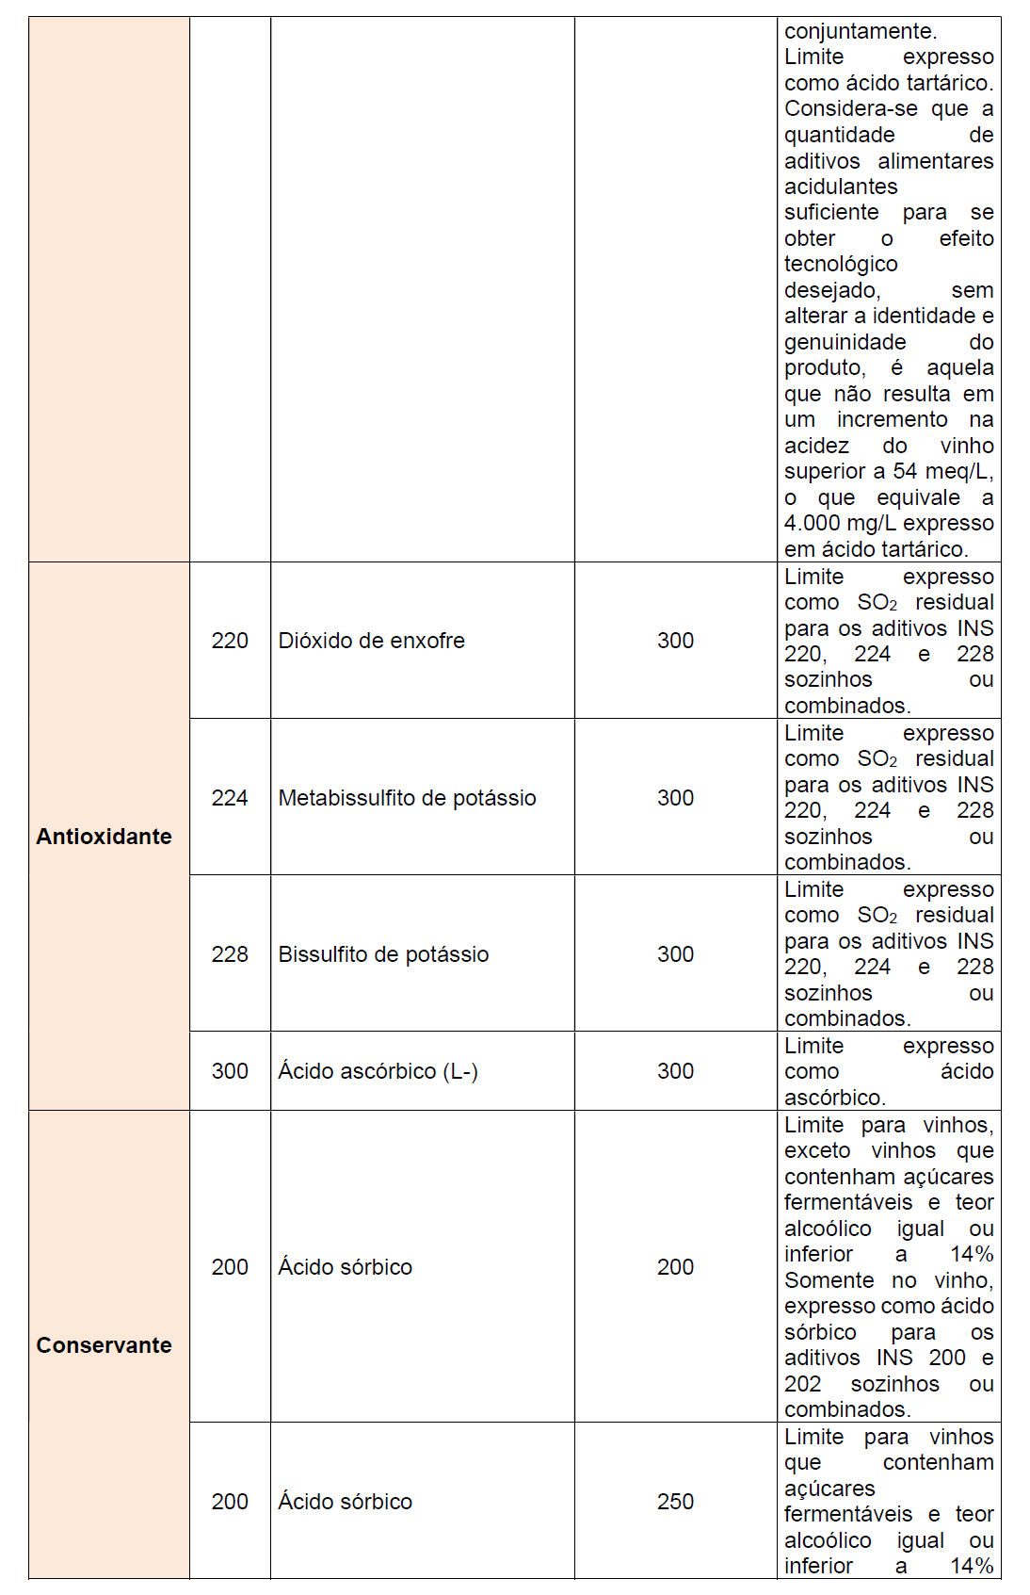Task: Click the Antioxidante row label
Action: point(104,837)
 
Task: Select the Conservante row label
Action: point(104,1345)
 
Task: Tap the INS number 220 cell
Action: point(230,641)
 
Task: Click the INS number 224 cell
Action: point(230,798)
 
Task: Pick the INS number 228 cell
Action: point(230,954)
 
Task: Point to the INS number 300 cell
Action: point(230,1071)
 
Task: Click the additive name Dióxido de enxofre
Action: point(371,641)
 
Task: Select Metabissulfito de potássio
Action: point(407,798)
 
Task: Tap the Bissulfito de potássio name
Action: point(383,954)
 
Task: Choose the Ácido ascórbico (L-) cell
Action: point(378,1071)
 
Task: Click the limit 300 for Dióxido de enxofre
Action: point(675,641)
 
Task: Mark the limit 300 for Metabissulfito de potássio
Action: point(675,798)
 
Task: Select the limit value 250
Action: point(675,1502)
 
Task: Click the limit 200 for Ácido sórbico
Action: point(675,1267)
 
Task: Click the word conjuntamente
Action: point(860,31)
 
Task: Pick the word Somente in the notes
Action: point(829,1280)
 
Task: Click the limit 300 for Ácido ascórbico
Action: point(675,1071)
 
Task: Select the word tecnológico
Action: point(841,264)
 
